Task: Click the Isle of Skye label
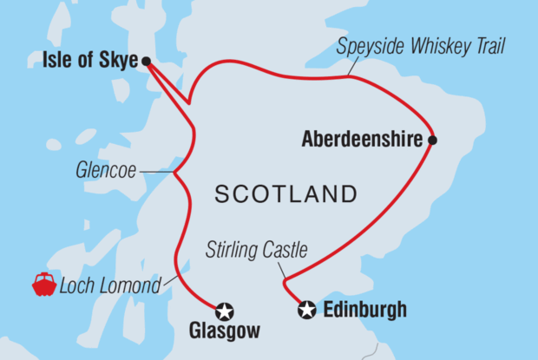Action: coord(90,61)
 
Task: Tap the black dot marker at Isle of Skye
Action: coord(146,61)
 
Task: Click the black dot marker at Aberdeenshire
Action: coord(431,140)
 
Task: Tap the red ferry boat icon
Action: coord(44,285)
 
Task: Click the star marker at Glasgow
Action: coord(224,310)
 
